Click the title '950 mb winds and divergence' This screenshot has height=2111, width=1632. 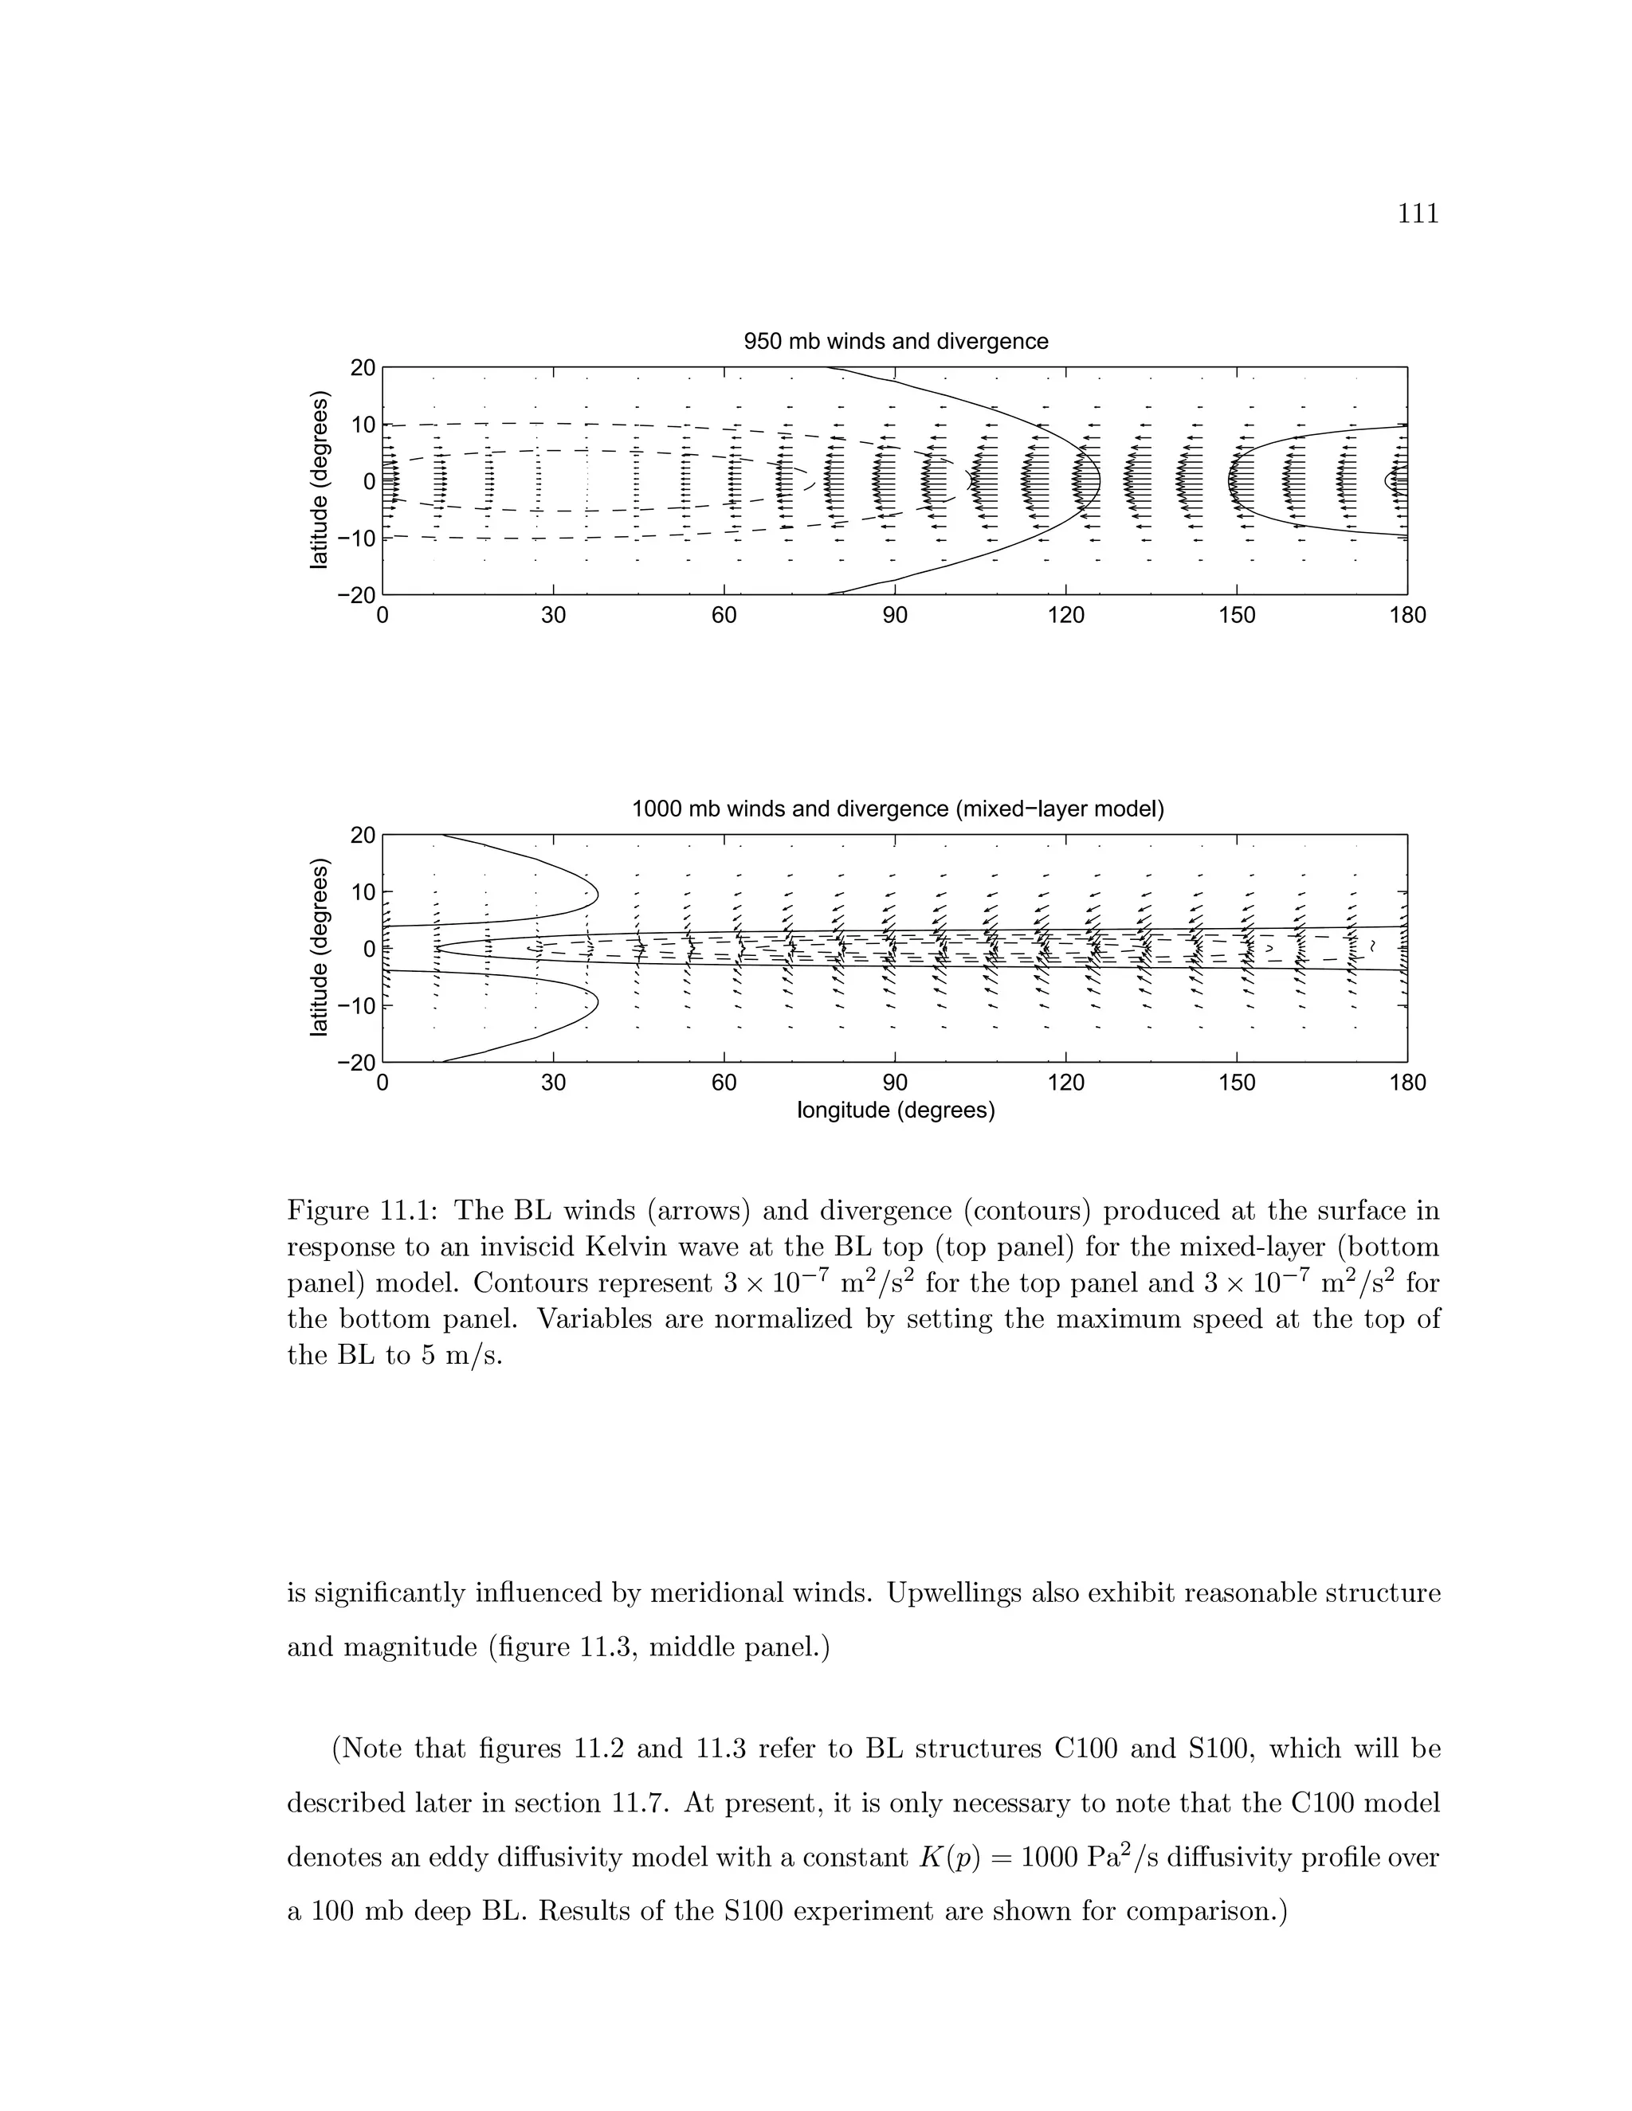coord(895,341)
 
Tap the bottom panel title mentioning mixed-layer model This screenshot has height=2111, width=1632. coord(897,809)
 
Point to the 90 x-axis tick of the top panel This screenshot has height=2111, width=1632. coord(895,616)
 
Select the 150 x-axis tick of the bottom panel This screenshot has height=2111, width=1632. coord(1237,1083)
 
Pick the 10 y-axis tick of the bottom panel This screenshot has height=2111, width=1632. coord(363,891)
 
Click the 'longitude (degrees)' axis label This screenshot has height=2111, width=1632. coord(895,1110)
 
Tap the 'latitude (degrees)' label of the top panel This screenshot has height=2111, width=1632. coord(319,480)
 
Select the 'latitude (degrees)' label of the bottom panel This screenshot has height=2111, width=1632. coord(319,947)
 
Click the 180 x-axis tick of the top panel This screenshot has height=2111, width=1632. coord(1406,616)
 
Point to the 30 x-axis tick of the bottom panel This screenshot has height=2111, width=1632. coord(553,1083)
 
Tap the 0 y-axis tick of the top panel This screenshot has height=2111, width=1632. coord(368,480)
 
